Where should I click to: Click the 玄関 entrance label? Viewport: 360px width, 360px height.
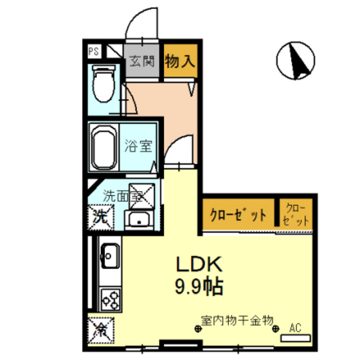tap(142, 62)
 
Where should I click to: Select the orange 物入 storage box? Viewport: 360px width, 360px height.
tap(180, 62)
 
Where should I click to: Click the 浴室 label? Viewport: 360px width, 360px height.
tap(138, 145)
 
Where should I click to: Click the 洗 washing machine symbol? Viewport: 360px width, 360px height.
tap(101, 215)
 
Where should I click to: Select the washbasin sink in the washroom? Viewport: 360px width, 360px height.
tap(138, 220)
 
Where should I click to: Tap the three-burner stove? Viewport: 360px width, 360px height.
tap(109, 299)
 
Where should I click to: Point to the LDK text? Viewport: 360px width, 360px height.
tap(199, 264)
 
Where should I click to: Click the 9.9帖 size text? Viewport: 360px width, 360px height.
tap(199, 285)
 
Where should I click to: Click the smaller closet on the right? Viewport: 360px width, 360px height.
tap(296, 214)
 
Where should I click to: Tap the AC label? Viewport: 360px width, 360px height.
tap(295, 328)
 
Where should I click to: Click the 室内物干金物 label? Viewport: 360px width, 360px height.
tap(237, 319)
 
